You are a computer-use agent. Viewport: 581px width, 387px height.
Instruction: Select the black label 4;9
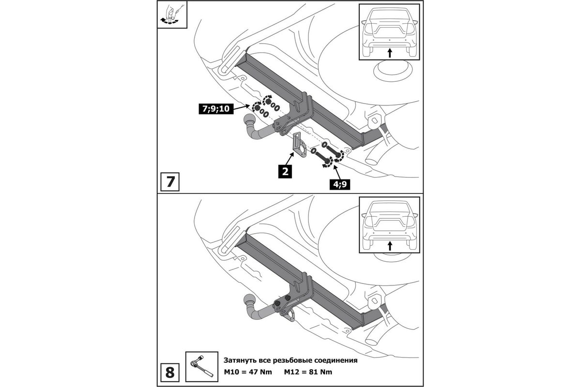pos(340,184)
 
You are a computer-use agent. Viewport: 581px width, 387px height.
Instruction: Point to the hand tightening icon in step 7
pos(170,15)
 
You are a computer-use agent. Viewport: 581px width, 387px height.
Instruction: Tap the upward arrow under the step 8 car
pos(390,245)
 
